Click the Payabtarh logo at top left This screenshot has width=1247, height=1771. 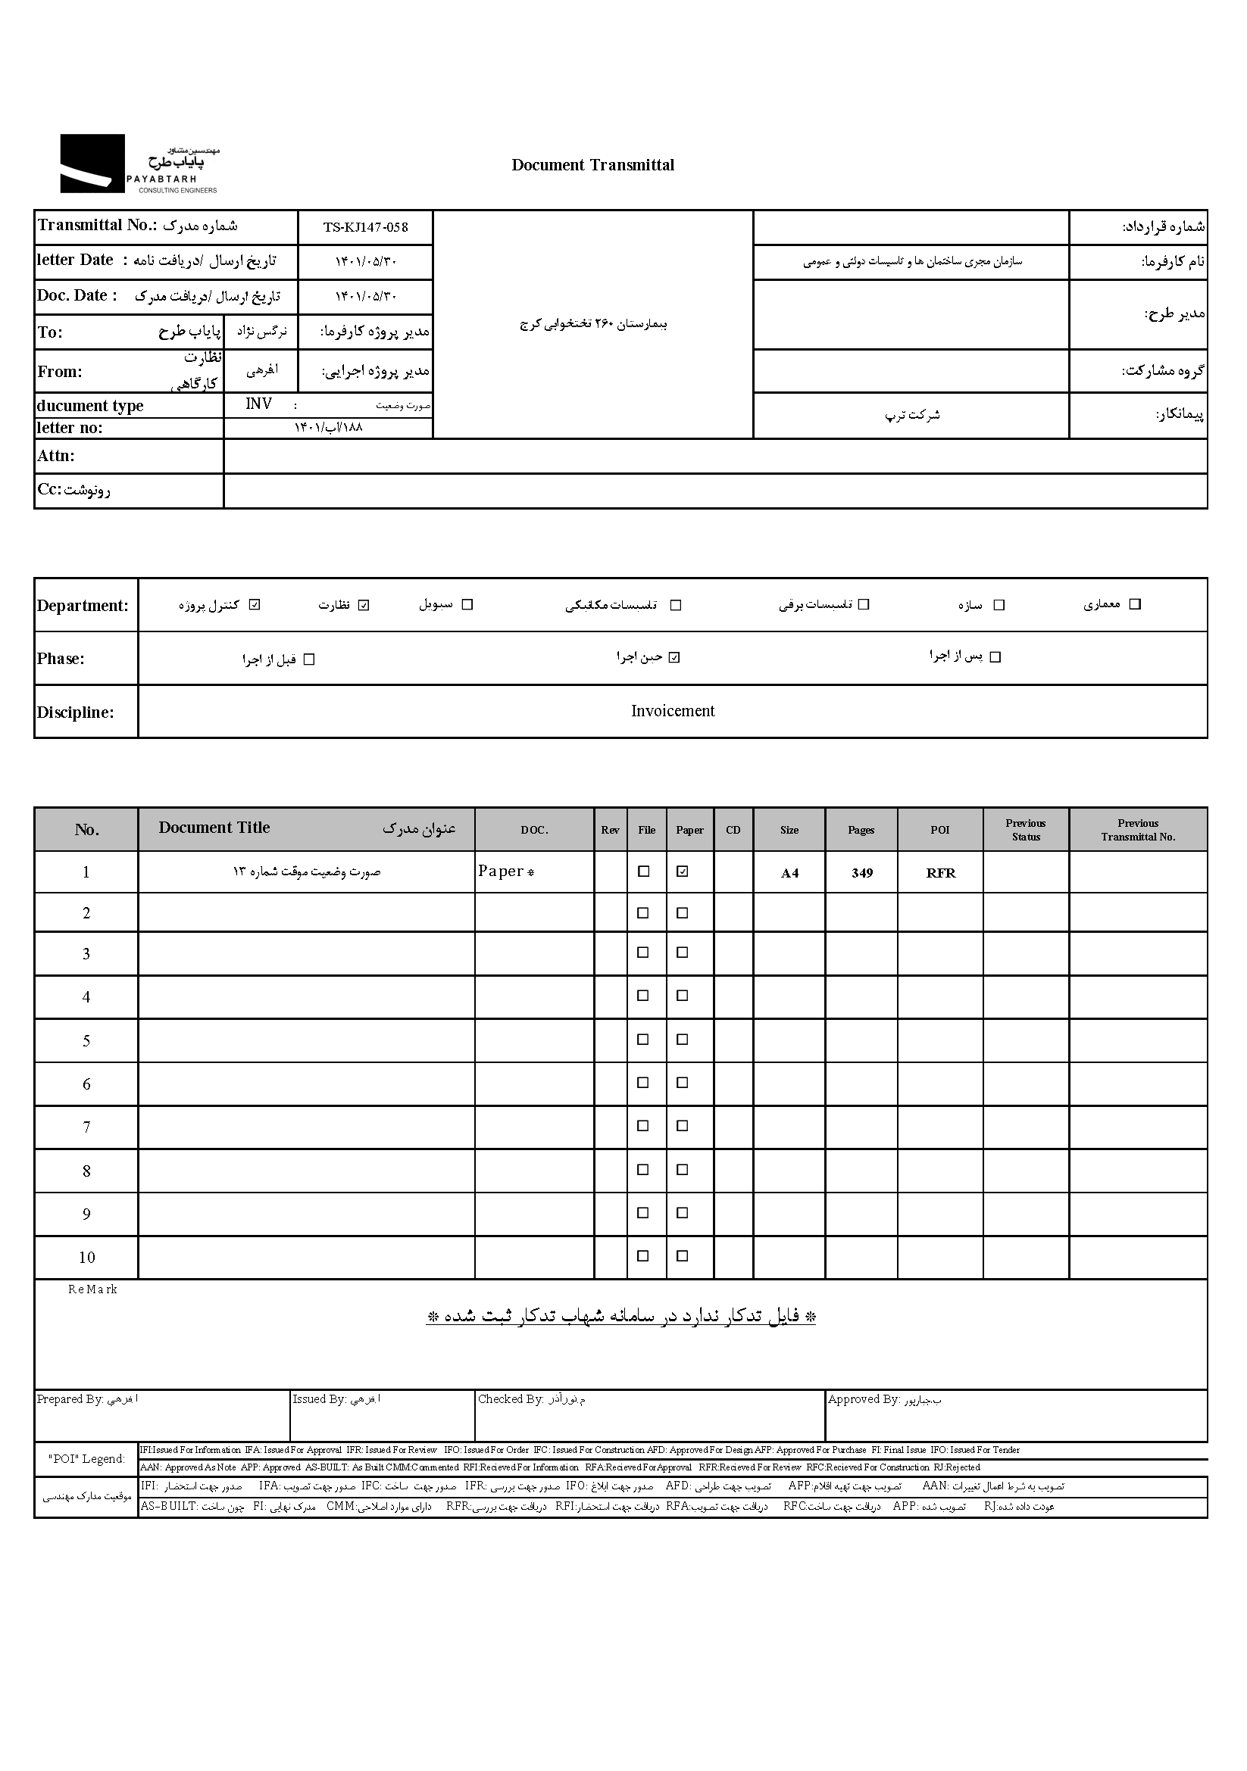[x=139, y=164]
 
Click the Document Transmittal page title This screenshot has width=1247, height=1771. [x=592, y=165]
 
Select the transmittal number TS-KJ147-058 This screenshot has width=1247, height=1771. [x=365, y=228]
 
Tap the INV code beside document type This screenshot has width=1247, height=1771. [x=258, y=404]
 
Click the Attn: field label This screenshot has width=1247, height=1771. [x=56, y=456]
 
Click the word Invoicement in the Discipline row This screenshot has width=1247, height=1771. [x=672, y=711]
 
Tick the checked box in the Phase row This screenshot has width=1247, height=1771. [x=674, y=658]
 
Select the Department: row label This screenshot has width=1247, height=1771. [x=83, y=606]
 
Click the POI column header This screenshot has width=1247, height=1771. [x=940, y=830]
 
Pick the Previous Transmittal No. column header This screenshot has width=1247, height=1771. [x=1137, y=830]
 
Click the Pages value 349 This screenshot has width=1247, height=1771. [x=862, y=873]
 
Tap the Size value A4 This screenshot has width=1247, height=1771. [x=789, y=873]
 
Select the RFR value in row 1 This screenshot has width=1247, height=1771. [x=941, y=873]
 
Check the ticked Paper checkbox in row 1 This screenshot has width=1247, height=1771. [x=682, y=871]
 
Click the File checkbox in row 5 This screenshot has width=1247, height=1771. [x=642, y=1040]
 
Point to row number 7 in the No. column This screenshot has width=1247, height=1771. [x=86, y=1127]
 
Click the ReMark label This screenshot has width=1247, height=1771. [x=92, y=1289]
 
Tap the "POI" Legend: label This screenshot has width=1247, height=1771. [x=86, y=1458]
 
